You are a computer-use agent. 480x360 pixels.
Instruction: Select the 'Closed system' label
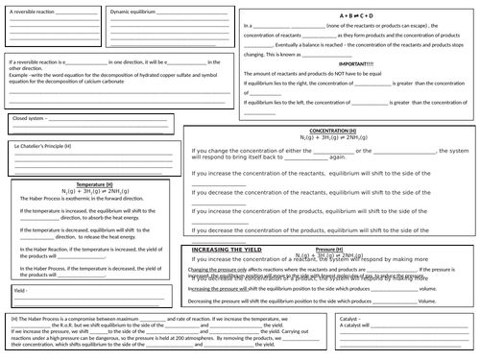[28, 119]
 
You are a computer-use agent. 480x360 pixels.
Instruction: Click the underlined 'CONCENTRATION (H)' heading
[332, 130]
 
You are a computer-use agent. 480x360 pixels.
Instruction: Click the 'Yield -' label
[20, 288]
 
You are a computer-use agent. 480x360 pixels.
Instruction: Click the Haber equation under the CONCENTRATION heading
[332, 137]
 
